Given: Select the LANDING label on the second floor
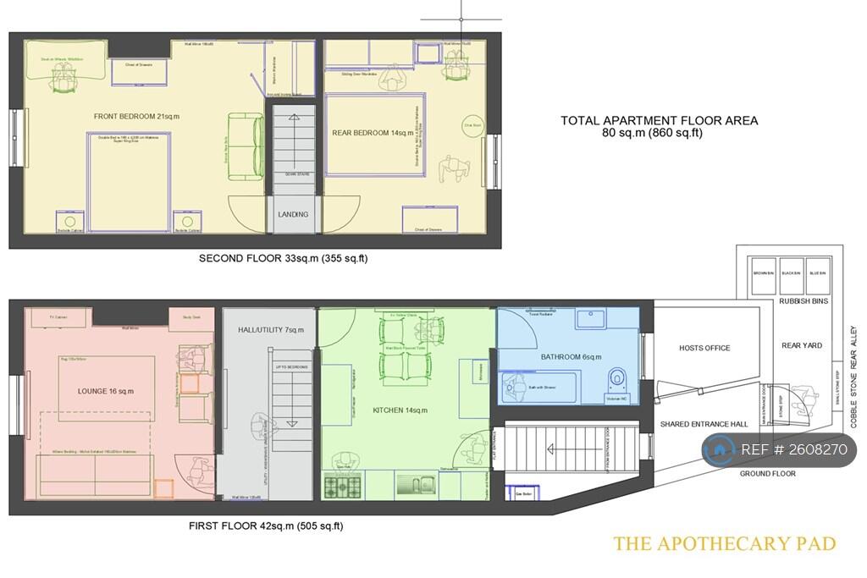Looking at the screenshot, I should (x=293, y=214).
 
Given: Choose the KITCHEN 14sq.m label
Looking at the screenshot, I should (x=401, y=410).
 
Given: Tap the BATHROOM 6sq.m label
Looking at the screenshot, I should (x=569, y=356).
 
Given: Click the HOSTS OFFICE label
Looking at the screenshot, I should (x=704, y=348).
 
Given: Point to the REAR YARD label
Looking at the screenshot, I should (x=802, y=345).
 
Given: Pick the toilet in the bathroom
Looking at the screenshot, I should (x=617, y=378).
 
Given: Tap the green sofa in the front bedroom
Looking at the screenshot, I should (x=245, y=146).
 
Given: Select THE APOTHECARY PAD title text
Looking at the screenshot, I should (x=724, y=543).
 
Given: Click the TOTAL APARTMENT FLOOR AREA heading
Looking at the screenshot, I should (x=659, y=121).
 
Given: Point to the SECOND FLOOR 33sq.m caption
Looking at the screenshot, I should (x=283, y=258).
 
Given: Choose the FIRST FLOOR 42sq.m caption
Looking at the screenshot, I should (x=266, y=526).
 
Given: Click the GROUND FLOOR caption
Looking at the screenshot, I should (x=767, y=474).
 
